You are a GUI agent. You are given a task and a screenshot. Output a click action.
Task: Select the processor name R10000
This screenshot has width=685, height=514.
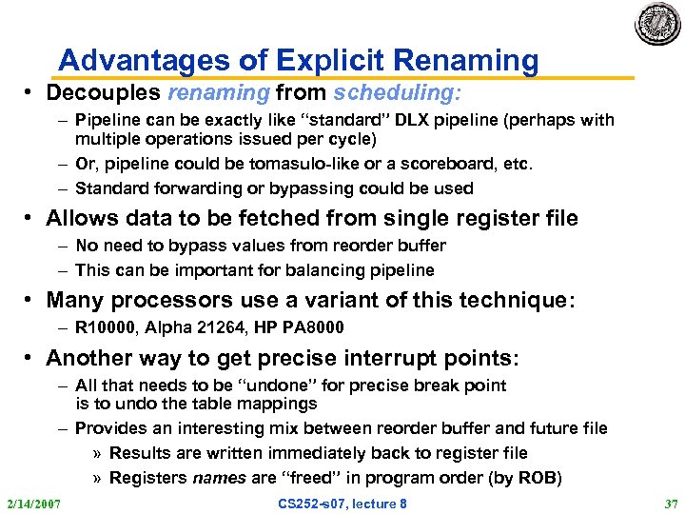pyautogui.click(x=106, y=327)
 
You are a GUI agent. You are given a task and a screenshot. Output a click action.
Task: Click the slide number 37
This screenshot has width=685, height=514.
pyautogui.click(x=668, y=503)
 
